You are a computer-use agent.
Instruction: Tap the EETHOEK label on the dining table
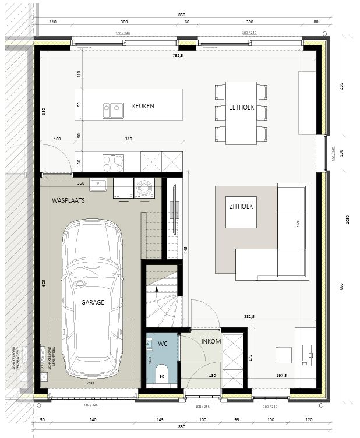242,107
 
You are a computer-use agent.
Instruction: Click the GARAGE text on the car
93,302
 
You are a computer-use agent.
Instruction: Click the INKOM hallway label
211,341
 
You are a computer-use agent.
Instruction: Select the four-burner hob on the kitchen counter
114,161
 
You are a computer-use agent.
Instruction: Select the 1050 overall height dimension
347,220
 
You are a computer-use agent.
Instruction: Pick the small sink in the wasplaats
98,185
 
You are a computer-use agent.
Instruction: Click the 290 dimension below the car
90,383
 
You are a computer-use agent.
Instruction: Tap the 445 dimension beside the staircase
185,250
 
